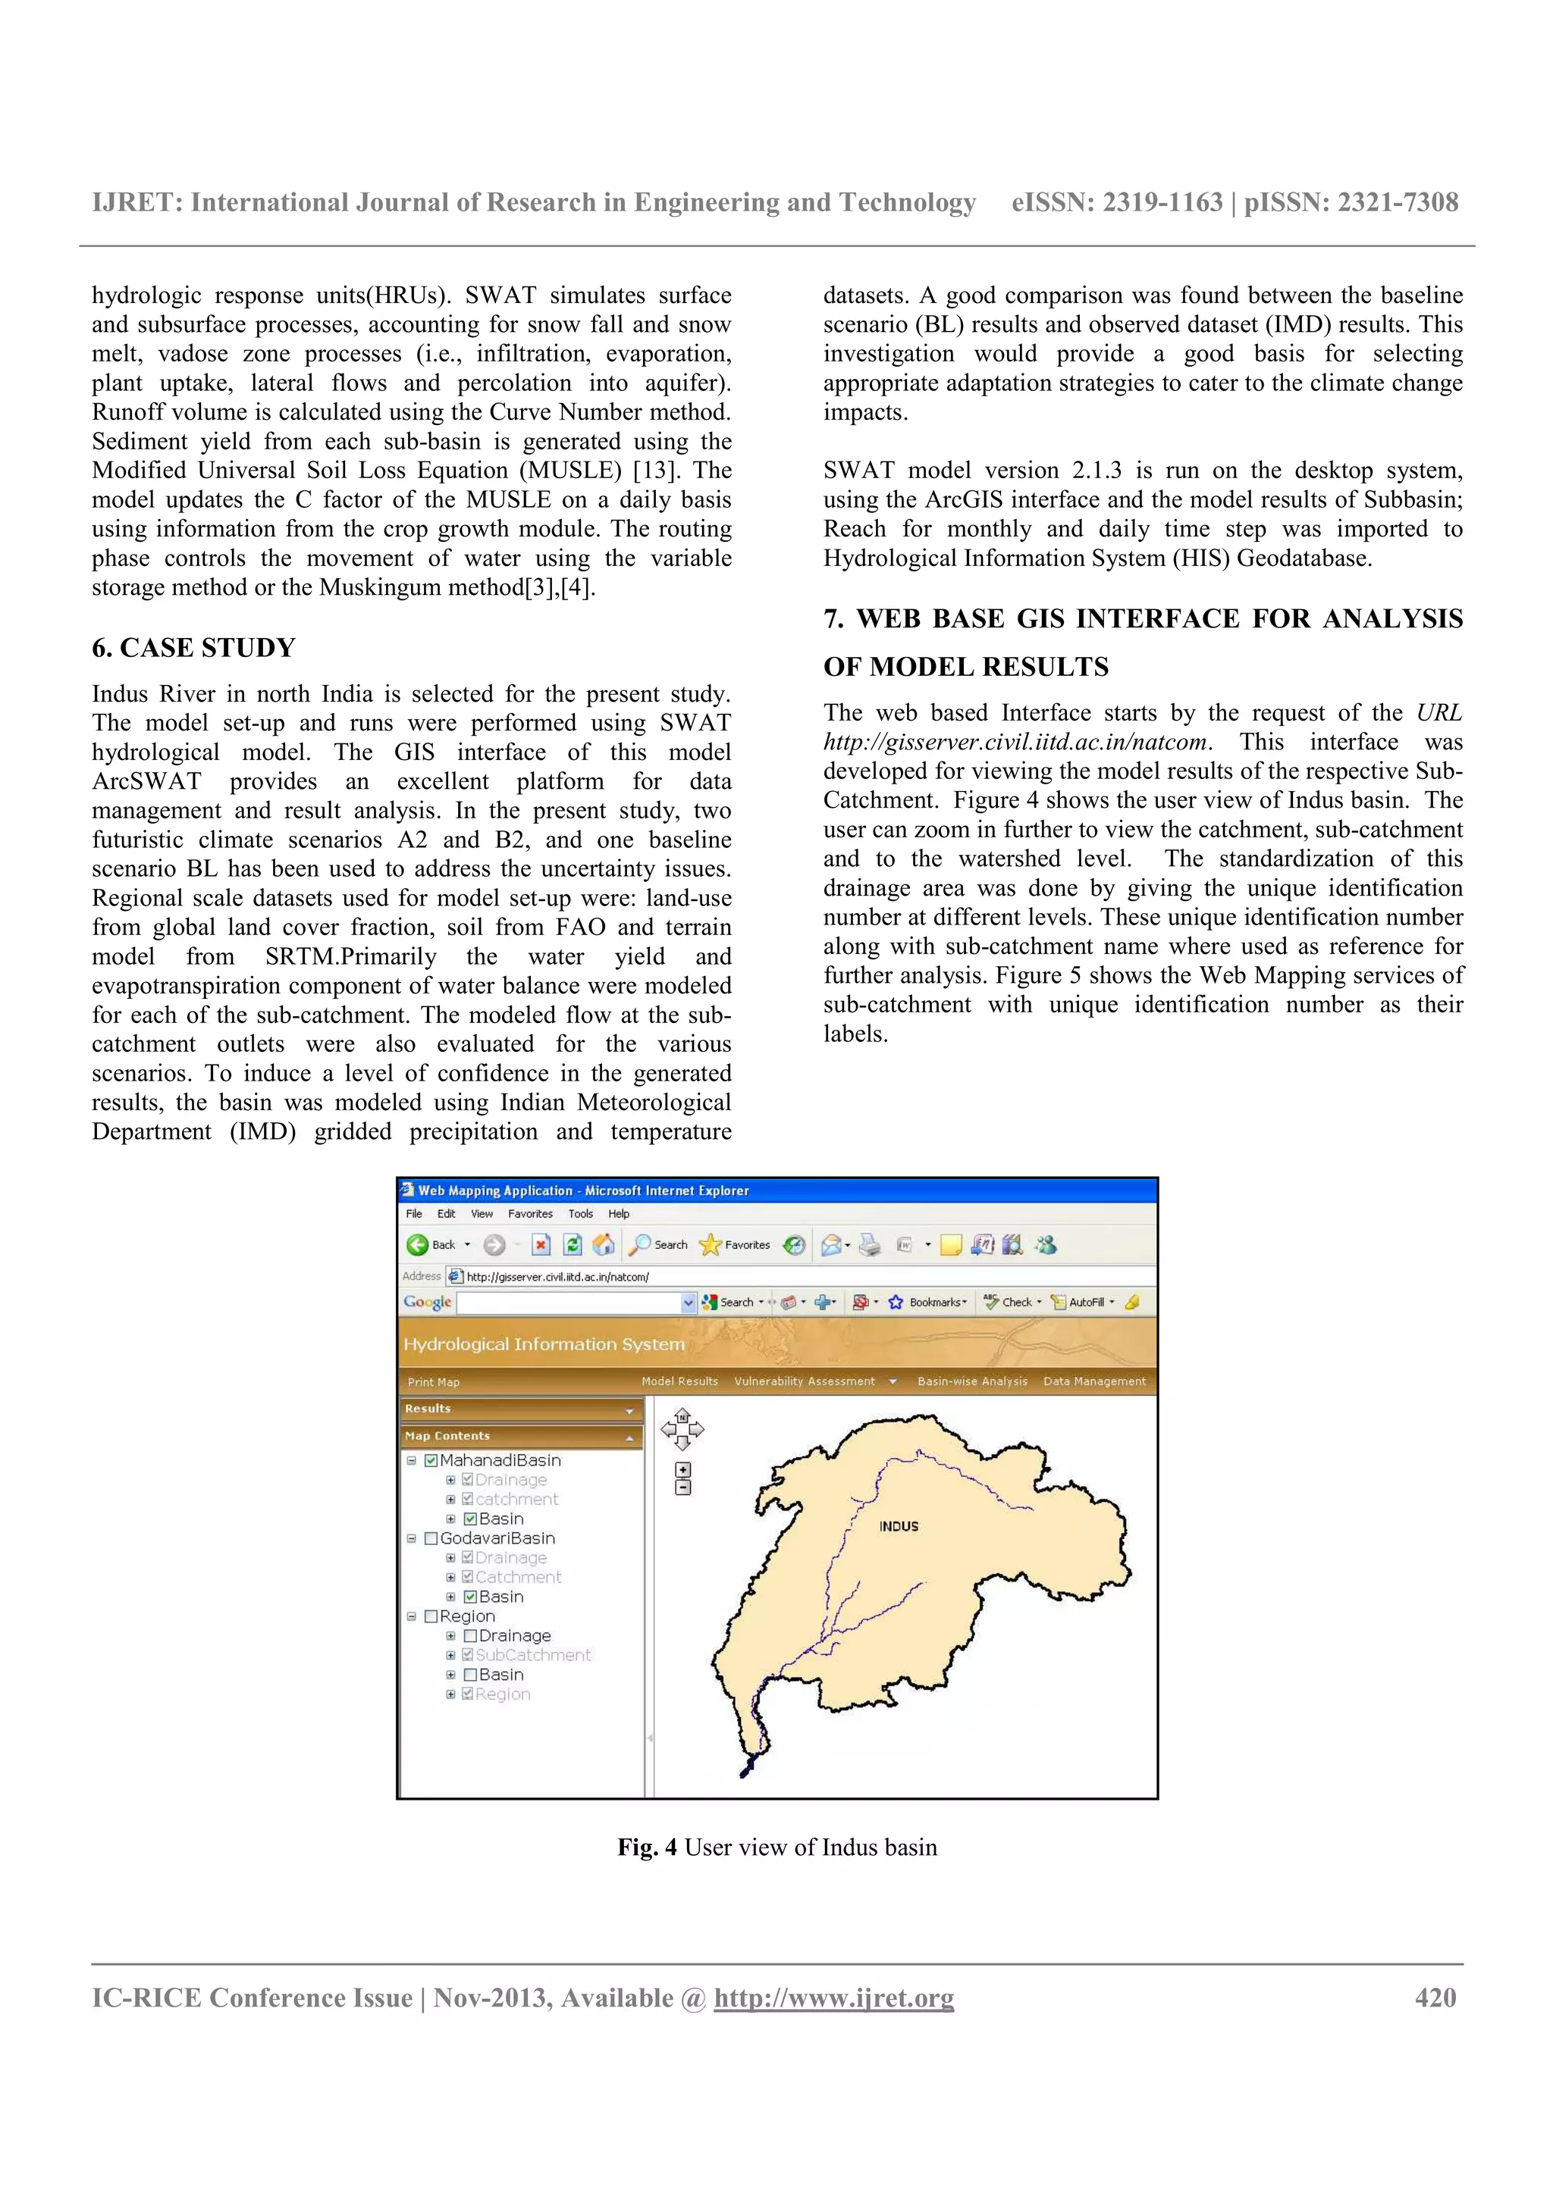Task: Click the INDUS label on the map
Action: [x=898, y=1526]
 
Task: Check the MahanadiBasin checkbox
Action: [x=431, y=1459]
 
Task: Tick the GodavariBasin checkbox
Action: [x=431, y=1538]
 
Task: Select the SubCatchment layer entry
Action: [x=532, y=1655]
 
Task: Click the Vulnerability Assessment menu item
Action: [x=804, y=1381]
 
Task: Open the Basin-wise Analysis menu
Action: [x=971, y=1381]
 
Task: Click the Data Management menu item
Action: [x=1093, y=1381]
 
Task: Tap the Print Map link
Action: [x=434, y=1382]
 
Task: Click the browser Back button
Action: [x=431, y=1244]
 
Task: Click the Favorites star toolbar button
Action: [x=734, y=1244]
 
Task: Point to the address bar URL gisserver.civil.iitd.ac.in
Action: [x=557, y=1277]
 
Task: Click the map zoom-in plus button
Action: [x=682, y=1469]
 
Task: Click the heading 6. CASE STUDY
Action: [x=193, y=648]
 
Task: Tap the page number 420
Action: [x=1435, y=1998]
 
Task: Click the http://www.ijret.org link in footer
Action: [x=833, y=1998]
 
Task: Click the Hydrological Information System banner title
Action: [x=544, y=1344]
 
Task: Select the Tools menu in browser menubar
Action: [x=580, y=1214]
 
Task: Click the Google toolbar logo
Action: [x=427, y=1302]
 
